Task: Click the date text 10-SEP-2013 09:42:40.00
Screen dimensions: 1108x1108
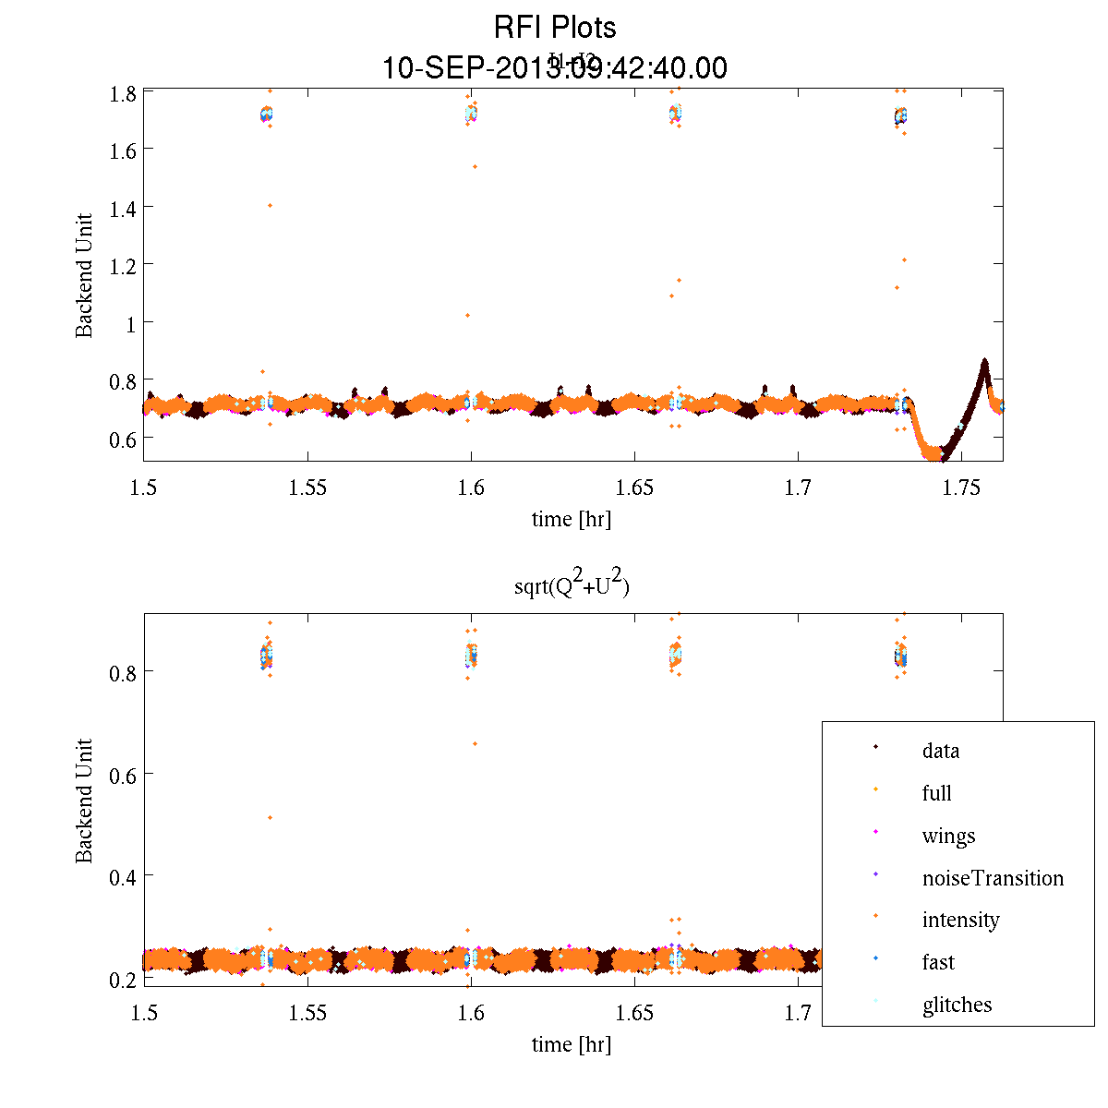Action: click(554, 68)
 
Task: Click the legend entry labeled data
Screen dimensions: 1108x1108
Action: click(940, 751)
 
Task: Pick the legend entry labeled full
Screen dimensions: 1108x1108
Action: click(936, 793)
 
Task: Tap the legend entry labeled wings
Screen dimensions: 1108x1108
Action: click(948, 836)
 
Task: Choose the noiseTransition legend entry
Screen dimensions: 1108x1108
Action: click(993, 878)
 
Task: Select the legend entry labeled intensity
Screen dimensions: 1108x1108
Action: click(960, 920)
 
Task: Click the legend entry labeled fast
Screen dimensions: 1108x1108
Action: click(938, 962)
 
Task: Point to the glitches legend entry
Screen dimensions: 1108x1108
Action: click(957, 1005)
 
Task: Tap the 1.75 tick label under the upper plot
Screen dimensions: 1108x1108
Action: click(961, 488)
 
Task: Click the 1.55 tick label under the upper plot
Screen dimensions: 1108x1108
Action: click(307, 488)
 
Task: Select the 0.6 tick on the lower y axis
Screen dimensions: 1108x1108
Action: click(124, 774)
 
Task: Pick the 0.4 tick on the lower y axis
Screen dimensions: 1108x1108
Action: click(124, 875)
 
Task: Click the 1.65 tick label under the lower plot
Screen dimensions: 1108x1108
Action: click(634, 1014)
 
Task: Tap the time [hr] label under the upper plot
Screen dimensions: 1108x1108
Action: click(571, 519)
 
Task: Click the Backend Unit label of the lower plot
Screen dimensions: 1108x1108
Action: click(85, 801)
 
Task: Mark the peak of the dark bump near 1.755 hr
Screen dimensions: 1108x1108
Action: click(984, 362)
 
